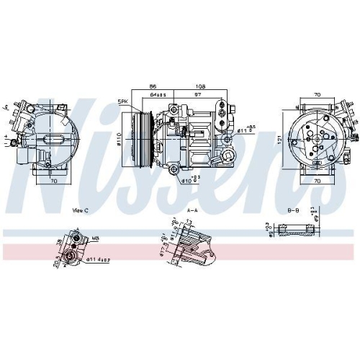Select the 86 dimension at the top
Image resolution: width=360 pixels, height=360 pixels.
click(153, 85)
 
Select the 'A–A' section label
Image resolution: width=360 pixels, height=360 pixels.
click(193, 210)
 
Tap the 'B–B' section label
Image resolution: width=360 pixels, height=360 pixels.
click(294, 210)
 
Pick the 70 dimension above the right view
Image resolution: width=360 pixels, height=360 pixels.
click(317, 94)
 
